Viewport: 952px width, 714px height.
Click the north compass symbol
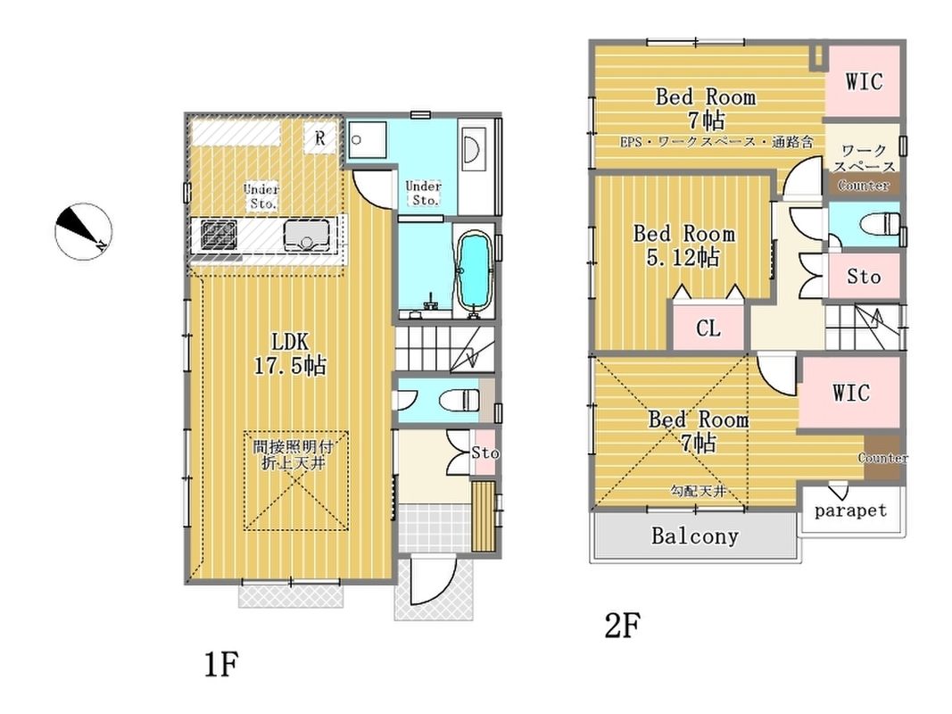83,231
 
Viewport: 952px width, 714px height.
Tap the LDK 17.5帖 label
290,353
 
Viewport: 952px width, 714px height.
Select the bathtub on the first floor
473,270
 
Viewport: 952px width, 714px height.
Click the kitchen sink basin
307,235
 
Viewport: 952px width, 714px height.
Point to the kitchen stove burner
219,235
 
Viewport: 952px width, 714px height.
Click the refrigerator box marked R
320,137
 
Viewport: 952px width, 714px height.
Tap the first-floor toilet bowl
459,400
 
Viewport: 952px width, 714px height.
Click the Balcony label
694,535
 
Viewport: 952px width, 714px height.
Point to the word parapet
850,511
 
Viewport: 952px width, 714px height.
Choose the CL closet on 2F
708,328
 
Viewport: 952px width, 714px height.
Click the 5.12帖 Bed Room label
683,245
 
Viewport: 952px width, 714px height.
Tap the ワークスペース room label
864,158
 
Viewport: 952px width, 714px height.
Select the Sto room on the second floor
864,277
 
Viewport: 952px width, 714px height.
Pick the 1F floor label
220,664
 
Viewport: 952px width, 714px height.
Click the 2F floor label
622,626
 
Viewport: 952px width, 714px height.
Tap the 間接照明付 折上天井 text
294,455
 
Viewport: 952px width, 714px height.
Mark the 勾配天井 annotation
699,491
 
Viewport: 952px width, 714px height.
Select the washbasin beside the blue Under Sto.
471,147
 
